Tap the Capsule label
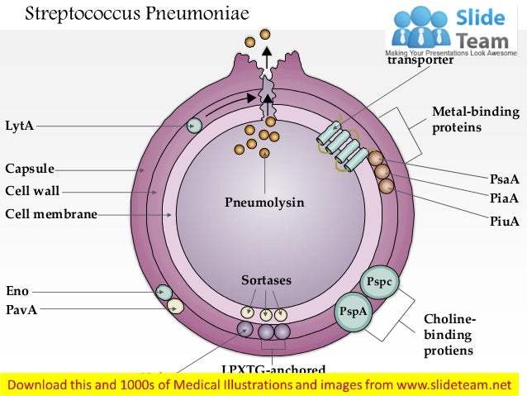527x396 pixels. tap(30, 169)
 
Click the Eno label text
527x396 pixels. tap(17, 291)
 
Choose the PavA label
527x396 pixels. tap(21, 310)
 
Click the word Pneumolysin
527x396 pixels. tap(265, 202)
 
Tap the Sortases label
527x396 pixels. tap(265, 281)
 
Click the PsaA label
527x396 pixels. tap(504, 178)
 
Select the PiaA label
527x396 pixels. tap(504, 198)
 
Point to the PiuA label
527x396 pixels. tap(504, 221)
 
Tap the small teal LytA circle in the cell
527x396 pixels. tap(194, 126)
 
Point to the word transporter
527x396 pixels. tap(420, 60)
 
